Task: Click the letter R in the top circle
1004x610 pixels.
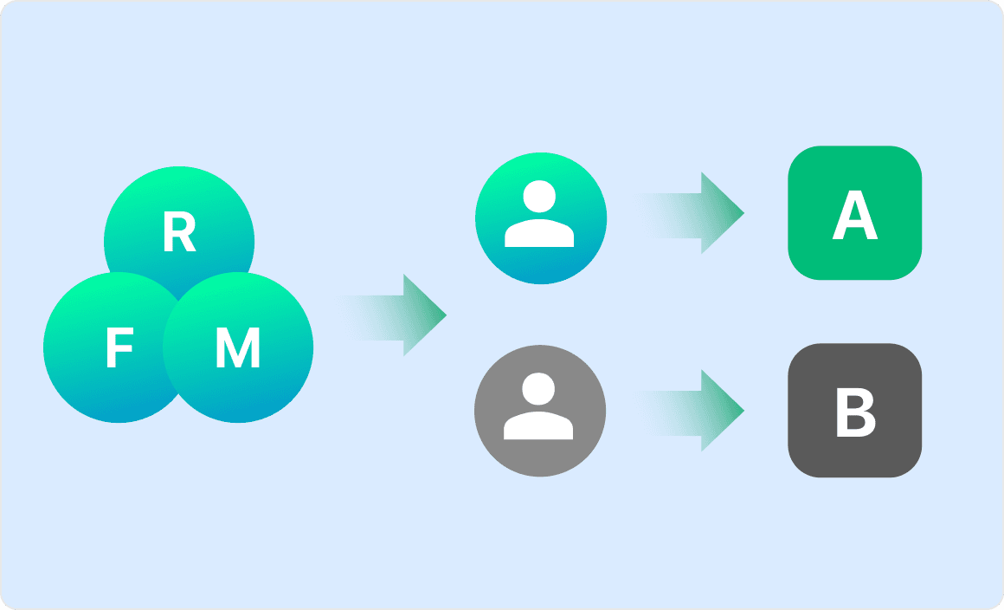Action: (x=179, y=233)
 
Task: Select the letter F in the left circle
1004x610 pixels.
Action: (x=119, y=349)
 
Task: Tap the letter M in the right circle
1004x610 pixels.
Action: (x=238, y=349)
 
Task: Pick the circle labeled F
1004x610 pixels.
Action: (x=95, y=381)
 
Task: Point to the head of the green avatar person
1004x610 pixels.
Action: (x=540, y=197)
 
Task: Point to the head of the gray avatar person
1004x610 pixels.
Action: (x=540, y=389)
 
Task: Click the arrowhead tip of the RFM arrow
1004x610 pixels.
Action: (x=444, y=315)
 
